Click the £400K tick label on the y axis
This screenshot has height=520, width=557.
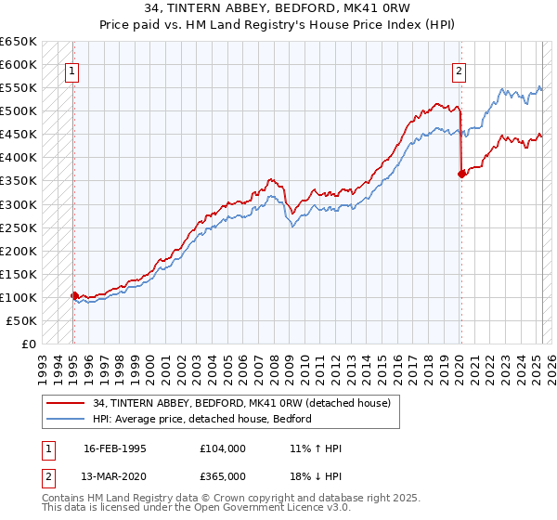18,157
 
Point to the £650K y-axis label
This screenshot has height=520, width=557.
18,42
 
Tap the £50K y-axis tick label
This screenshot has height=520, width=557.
21,320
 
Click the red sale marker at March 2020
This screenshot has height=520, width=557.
461,174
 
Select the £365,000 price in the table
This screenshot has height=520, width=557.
223,476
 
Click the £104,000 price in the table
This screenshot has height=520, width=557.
223,449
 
